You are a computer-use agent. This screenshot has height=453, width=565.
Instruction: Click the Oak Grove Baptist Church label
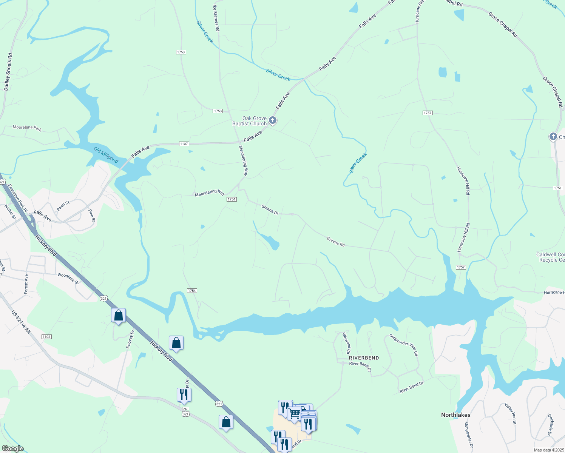click(x=249, y=121)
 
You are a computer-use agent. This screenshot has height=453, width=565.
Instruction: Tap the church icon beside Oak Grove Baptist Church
click(x=273, y=121)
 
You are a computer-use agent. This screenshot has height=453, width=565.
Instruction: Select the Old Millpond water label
click(x=106, y=155)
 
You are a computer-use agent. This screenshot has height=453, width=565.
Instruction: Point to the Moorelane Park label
click(x=27, y=128)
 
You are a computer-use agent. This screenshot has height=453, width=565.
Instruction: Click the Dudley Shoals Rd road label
click(x=8, y=72)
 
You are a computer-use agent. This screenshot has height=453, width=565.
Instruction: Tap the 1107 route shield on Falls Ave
click(x=184, y=144)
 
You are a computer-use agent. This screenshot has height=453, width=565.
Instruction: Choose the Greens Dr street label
click(x=270, y=210)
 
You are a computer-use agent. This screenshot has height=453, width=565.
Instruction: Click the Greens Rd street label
click(x=335, y=242)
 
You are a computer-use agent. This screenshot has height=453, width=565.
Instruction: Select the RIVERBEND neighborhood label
click(x=364, y=357)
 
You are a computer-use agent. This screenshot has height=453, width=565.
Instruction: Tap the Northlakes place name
click(x=455, y=415)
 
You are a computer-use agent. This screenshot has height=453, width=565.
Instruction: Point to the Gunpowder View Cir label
click(x=404, y=345)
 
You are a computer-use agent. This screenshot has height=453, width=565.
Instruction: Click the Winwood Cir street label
click(x=346, y=343)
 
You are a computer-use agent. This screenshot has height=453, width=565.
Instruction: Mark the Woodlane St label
click(x=68, y=279)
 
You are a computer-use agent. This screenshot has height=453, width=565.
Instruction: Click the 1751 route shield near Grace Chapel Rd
click(x=557, y=188)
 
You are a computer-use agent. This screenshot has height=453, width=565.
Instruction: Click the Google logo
click(x=12, y=448)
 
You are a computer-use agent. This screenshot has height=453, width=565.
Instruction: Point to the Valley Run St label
click(x=510, y=413)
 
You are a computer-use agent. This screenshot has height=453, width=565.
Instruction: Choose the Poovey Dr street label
click(x=130, y=339)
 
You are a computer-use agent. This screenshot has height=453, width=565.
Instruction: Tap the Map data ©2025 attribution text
click(x=548, y=450)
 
